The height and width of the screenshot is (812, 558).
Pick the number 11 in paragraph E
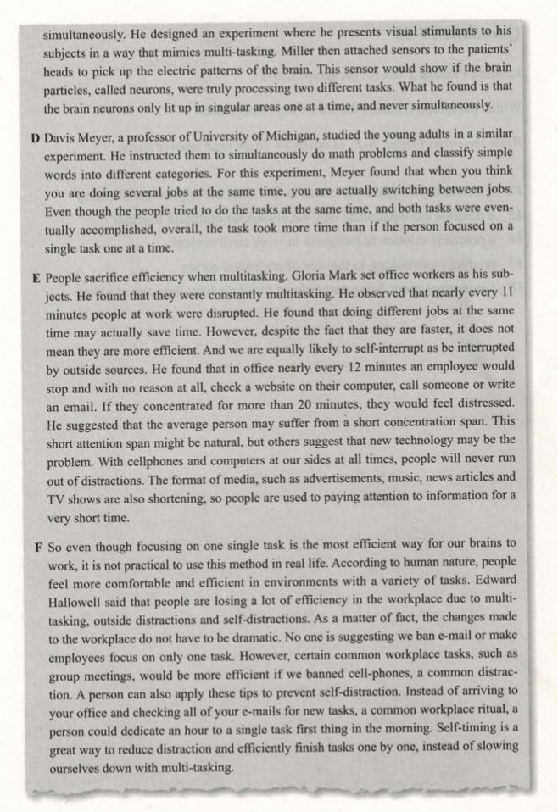[x=508, y=298]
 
